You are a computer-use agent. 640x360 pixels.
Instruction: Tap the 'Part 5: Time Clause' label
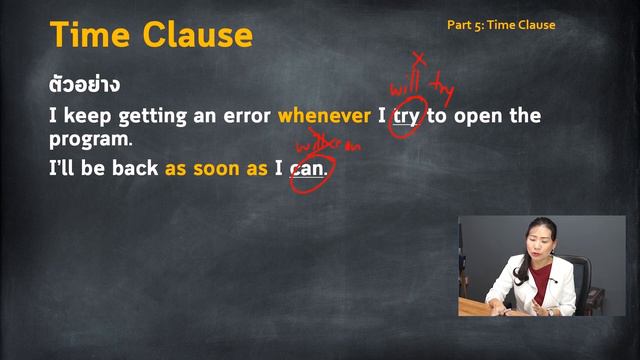[x=500, y=25]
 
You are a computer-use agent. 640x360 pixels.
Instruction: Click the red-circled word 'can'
[x=307, y=169]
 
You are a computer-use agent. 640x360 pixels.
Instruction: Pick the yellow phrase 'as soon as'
[x=216, y=169]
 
